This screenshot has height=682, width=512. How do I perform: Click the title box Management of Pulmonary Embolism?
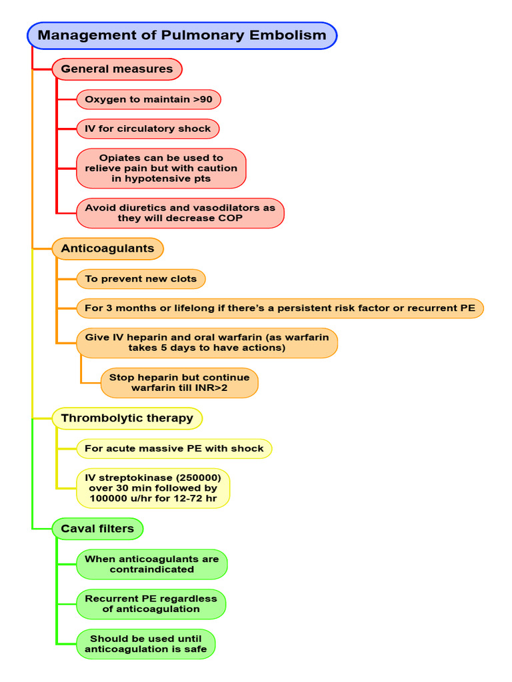181,35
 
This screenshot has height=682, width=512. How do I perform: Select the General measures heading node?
117,69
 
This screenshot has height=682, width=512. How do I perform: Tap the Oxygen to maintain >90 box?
148,100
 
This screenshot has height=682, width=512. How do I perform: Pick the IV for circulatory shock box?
147,129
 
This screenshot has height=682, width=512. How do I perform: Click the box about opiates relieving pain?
161,169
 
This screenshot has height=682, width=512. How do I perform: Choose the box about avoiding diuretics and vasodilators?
180,213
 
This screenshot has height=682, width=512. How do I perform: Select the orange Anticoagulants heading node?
107,248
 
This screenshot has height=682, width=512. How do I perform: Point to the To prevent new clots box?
141,278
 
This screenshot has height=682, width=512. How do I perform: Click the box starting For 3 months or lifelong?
280,308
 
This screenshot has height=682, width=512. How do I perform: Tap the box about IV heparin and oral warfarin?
207,342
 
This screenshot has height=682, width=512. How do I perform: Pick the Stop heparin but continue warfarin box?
179,382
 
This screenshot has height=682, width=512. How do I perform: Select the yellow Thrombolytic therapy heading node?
127,418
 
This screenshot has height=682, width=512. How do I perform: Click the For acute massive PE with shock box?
174,448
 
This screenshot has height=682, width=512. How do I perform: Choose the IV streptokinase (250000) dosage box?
153,488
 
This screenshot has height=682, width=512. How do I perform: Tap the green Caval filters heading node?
97,529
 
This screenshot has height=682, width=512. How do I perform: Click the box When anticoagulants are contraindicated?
151,564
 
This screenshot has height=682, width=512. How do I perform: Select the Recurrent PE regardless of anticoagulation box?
151,603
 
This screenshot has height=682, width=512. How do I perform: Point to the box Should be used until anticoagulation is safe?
145,643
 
